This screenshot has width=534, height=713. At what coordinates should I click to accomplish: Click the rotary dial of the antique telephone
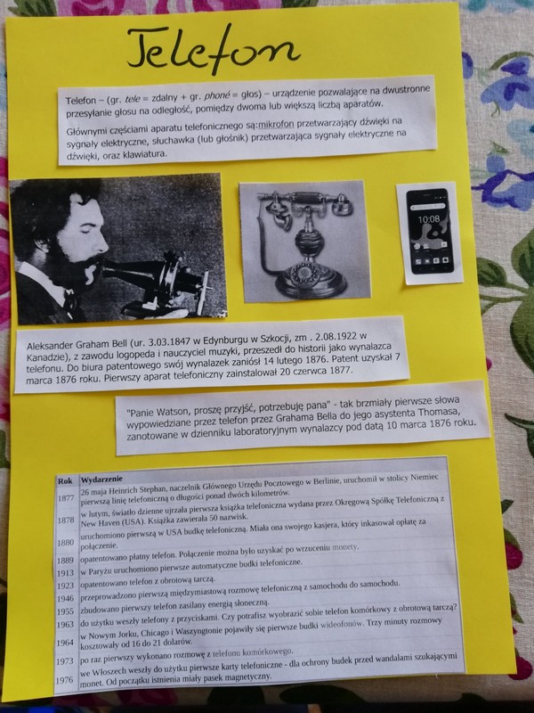point(303,275)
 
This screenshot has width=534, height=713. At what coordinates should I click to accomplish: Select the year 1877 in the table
point(65,498)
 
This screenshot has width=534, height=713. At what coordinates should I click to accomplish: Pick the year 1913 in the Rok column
point(65,573)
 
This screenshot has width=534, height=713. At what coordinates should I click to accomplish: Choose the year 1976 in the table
point(64,680)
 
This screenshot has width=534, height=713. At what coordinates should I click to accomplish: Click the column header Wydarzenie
point(101,479)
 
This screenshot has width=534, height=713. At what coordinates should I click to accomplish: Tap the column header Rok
point(65,480)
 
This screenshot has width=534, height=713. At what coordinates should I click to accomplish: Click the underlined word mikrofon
point(276,124)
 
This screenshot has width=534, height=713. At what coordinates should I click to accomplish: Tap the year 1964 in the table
point(64,643)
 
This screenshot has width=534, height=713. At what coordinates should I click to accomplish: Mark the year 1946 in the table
point(65,599)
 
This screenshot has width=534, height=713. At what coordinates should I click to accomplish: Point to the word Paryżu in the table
point(99,570)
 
